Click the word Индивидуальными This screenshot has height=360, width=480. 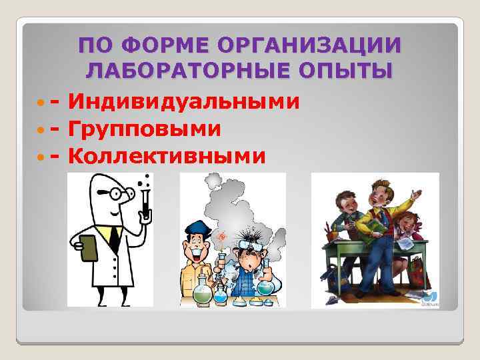[183, 102]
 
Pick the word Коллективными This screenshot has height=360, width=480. [167, 155]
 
